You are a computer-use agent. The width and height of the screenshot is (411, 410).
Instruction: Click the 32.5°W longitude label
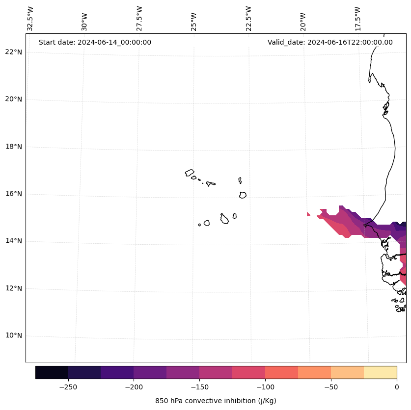pyautogui.click(x=30, y=19)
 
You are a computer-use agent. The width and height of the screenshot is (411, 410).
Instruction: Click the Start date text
pyautogui.click(x=95, y=42)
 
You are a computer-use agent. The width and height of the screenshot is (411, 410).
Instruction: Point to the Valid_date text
pyautogui.click(x=330, y=42)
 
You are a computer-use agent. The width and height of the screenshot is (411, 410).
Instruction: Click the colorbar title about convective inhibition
pyautogui.click(x=216, y=401)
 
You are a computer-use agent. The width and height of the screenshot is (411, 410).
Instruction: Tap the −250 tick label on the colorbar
pyautogui.click(x=68, y=387)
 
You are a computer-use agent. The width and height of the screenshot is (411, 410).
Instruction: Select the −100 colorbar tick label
pyautogui.click(x=265, y=387)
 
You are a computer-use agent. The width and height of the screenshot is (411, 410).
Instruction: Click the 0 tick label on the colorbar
pyautogui.click(x=396, y=387)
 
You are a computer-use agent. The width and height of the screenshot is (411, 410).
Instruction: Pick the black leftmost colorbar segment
pyautogui.click(x=52, y=372)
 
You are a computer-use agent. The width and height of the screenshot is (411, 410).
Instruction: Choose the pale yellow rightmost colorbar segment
pyautogui.click(x=380, y=372)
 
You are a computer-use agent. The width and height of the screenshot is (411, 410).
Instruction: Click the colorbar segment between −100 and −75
pyautogui.click(x=281, y=372)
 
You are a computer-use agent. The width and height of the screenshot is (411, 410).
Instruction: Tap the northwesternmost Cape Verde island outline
pyautogui.click(x=190, y=173)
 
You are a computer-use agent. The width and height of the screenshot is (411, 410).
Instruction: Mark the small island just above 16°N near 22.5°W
pyautogui.click(x=243, y=195)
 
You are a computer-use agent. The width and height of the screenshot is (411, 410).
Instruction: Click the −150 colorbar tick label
pyautogui.click(x=199, y=387)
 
